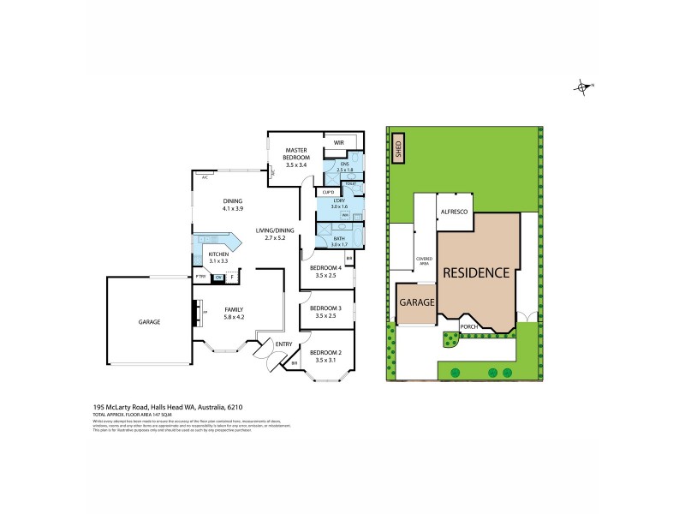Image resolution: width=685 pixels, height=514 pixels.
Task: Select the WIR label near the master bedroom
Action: pyautogui.click(x=338, y=143)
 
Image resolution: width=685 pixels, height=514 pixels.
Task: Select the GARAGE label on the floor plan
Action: pyautogui.click(x=150, y=322)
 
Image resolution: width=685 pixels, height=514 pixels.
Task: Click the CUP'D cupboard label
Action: pyautogui.click(x=327, y=192)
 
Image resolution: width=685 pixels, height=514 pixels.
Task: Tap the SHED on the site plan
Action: pyautogui.click(x=397, y=147)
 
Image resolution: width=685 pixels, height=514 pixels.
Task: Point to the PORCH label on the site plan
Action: pyautogui.click(x=469, y=326)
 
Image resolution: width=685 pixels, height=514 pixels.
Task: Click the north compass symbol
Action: pyautogui.click(x=583, y=86)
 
